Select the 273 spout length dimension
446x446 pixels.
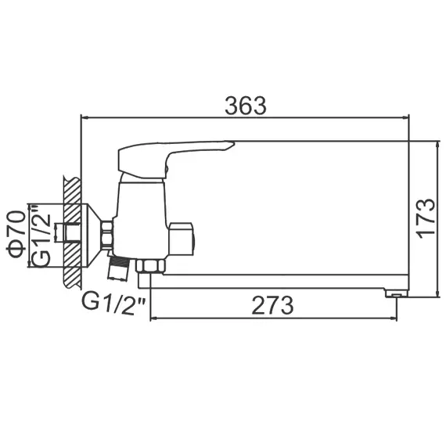272,305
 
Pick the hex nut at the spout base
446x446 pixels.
149,267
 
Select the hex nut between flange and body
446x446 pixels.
107,233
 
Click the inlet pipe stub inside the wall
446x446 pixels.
72,233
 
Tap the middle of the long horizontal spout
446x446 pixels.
274,280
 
